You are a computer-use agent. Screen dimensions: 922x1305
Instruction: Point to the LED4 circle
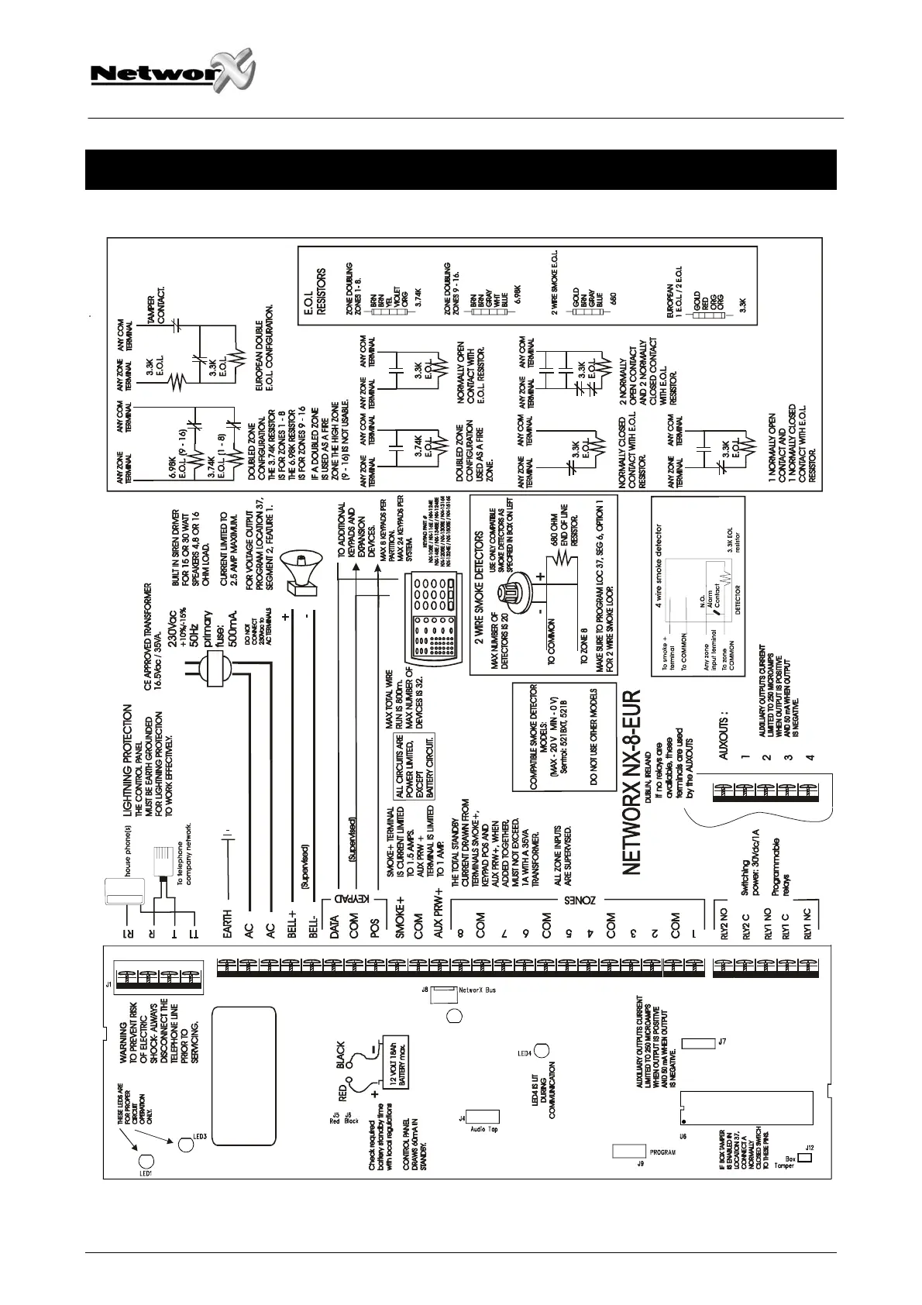540,1052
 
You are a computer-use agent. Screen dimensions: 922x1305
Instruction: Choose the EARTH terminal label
228,925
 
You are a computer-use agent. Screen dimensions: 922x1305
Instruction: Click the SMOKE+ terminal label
401,920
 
